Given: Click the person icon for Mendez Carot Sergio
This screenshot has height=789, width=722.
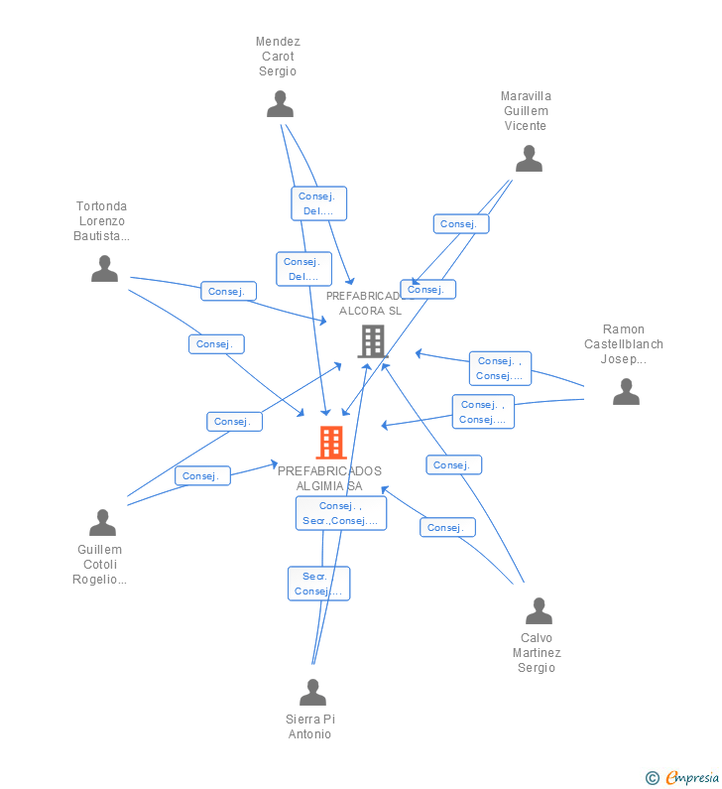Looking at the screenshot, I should [281, 104].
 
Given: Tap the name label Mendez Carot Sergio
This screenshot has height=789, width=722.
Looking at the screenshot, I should [278, 57].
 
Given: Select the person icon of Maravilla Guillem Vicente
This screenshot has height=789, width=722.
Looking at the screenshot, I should [529, 159].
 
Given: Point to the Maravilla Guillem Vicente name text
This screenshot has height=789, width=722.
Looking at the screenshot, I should [526, 111].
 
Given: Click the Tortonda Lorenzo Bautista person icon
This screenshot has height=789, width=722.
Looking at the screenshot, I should [104, 269].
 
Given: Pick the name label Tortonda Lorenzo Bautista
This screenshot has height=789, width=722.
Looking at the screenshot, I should [101, 221].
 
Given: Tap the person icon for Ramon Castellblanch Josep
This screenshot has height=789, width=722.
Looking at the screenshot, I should [626, 392].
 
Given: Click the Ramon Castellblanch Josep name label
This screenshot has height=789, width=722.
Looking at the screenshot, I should [624, 344].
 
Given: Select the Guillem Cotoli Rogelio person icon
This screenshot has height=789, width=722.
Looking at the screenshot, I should [102, 523].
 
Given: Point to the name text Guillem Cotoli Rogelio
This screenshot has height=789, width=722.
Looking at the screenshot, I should [99, 565].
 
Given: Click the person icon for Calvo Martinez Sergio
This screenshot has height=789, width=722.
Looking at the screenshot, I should [539, 611].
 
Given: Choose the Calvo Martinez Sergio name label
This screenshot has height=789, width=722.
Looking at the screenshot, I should [537, 653].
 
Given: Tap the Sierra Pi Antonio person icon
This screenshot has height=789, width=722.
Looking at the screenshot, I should [312, 693].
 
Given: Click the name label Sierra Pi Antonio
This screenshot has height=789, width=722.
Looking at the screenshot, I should [309, 726].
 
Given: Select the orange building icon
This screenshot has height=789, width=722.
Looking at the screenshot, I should [330, 443].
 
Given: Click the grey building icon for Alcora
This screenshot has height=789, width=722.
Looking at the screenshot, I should [372, 341].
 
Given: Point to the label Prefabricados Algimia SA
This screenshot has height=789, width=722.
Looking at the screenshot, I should [329, 478].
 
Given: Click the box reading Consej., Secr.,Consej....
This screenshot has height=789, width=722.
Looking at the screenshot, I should [341, 513].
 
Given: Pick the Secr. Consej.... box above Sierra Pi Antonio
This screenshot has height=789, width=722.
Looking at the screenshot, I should [319, 584].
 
